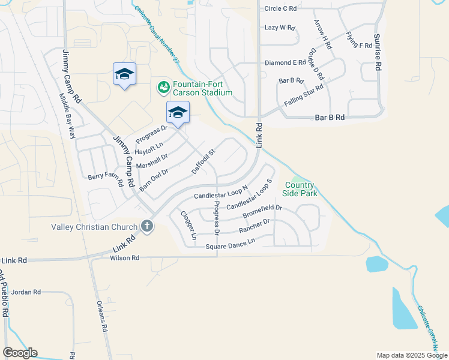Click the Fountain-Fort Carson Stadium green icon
[x=163, y=88]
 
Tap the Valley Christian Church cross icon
[x=146, y=227]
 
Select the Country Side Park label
[x=300, y=190]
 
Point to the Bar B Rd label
[x=330, y=118]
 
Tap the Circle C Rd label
[x=281, y=8]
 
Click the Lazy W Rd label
[x=280, y=28]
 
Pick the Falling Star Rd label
[x=304, y=95]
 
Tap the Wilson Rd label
[x=124, y=258]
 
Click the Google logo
[x=20, y=353]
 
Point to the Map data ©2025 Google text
[x=411, y=355]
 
